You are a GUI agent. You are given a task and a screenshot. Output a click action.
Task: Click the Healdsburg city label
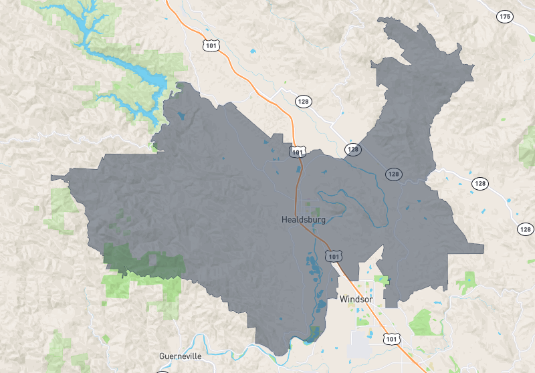click(x=303, y=219)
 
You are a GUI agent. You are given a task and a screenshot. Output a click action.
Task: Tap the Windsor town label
click(x=355, y=299)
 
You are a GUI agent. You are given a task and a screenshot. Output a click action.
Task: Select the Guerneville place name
click(x=181, y=356)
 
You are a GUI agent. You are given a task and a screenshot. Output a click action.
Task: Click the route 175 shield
click(x=504, y=16)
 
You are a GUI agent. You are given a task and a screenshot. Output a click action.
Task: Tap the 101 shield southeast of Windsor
click(x=392, y=340)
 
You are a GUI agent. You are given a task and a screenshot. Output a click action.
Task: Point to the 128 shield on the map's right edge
click(x=526, y=229)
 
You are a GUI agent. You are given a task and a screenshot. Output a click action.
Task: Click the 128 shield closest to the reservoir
click(x=304, y=101)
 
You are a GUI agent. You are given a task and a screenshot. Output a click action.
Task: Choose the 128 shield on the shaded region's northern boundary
click(x=352, y=149)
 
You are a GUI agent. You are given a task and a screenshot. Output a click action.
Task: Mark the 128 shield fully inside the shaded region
click(x=393, y=174)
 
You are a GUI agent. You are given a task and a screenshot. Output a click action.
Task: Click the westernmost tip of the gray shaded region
click(x=52, y=178)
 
